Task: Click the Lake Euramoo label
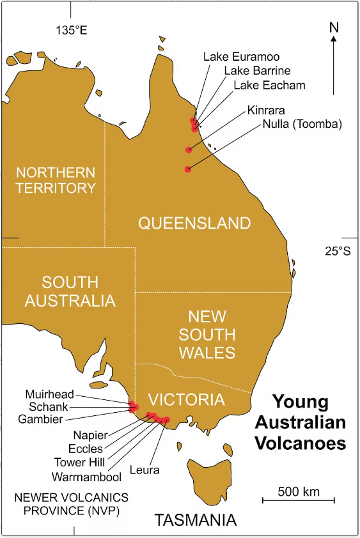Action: pyautogui.click(x=241, y=57)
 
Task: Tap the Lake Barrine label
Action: pyautogui.click(x=257, y=70)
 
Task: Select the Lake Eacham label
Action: pyautogui.click(x=269, y=84)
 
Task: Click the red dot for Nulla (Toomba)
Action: pyautogui.click(x=187, y=169)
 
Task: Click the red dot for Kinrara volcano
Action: pyautogui.click(x=189, y=150)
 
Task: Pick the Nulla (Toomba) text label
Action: pyautogui.click(x=302, y=124)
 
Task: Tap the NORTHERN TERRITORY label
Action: pyautogui.click(x=56, y=180)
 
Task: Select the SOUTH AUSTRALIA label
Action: pyautogui.click(x=70, y=291)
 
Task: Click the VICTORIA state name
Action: pyautogui.click(x=186, y=400)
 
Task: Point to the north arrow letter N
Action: pyautogui.click(x=333, y=27)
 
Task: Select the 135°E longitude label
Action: pyautogui.click(x=71, y=29)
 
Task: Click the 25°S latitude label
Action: pyautogui.click(x=338, y=251)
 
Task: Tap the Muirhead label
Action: pyautogui.click(x=49, y=394)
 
